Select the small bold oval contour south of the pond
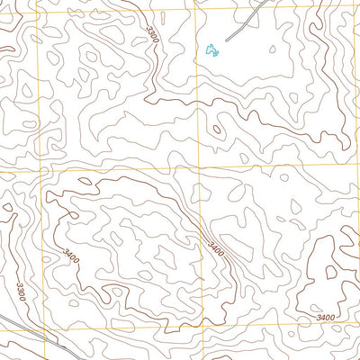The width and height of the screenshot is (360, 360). point(217,130)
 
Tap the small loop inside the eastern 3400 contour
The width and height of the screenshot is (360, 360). point(332,272)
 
